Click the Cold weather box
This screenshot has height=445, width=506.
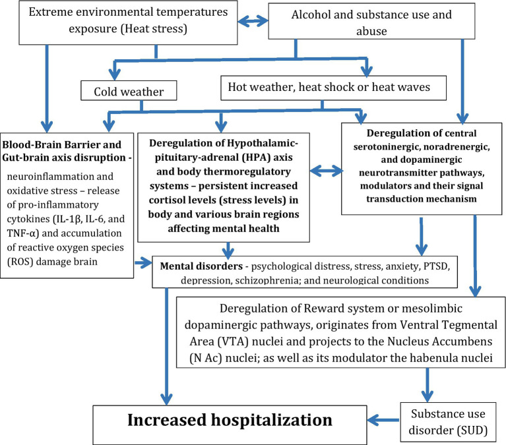click(129, 90)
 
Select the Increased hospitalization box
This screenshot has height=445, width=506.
click(230, 425)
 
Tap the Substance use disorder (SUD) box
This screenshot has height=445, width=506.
click(448, 422)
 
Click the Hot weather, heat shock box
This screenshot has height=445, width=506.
click(333, 88)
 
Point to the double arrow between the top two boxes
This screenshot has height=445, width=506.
click(253, 21)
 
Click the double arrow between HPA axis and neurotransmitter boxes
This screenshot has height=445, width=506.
click(326, 171)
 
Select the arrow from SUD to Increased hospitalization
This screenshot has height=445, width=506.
click(383, 420)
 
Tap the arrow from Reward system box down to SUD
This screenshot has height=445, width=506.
click(427, 385)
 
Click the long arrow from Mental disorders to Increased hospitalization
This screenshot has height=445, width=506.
click(166, 346)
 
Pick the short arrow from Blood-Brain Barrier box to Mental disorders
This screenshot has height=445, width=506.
click(143, 263)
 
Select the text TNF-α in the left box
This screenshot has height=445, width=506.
click(22, 233)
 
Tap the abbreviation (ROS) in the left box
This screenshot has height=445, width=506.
click(20, 262)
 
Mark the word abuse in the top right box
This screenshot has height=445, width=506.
click(371, 31)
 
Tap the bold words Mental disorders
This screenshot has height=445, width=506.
click(201, 266)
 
